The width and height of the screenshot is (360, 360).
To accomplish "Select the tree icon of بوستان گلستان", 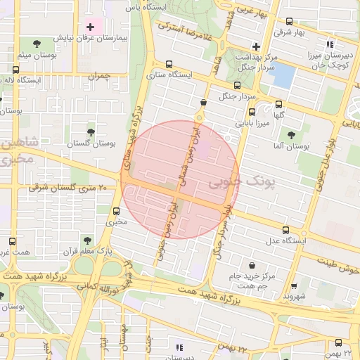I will pos(91,131).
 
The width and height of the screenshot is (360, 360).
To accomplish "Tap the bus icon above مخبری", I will pos(117,210).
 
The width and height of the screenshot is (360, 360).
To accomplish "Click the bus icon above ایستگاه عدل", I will pos(285,229).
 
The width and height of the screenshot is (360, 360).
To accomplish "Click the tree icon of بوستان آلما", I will pos(291,134).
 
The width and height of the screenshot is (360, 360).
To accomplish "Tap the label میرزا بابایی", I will pos(250,123).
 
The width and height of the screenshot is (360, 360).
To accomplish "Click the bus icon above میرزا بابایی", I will pos(252,112).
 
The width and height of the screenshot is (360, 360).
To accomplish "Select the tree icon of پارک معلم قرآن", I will pos(87,240).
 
